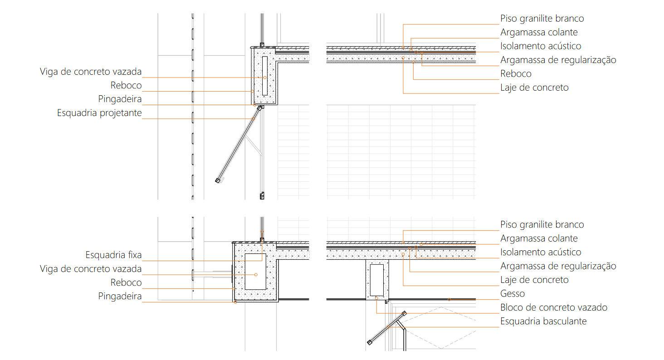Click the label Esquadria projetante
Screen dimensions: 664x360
pos(99,113)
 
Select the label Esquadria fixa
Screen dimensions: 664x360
pos(113,255)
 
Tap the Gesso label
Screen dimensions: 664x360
pos(513,293)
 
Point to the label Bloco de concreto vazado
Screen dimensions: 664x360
pos(554,307)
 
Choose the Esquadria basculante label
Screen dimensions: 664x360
pos(543,321)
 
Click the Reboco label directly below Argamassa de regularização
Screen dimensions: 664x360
pos(516,73)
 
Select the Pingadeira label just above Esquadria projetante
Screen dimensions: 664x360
pos(120,99)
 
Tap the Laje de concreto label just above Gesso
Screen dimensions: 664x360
pos(534,280)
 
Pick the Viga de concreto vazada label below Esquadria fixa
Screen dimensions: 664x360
pos(91,269)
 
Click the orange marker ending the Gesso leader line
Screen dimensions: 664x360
pos(449,299)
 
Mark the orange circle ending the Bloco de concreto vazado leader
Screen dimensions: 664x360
pos(376,298)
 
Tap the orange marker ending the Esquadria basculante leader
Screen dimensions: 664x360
pos(388,326)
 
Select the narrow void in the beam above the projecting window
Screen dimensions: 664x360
pos(264,76)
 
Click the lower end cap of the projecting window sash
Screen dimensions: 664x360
pos(218,180)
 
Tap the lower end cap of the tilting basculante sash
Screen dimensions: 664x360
pos(370,342)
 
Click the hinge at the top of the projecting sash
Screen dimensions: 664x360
pos(260,108)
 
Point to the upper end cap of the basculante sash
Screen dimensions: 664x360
pos(404,313)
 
